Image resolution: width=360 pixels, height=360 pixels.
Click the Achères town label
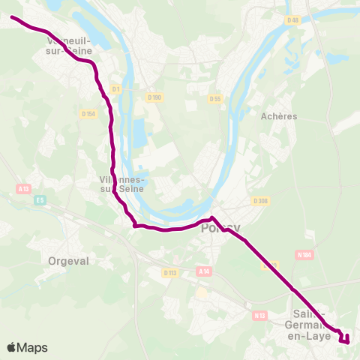point(279,116)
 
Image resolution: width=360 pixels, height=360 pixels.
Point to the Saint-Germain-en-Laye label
point(309,324)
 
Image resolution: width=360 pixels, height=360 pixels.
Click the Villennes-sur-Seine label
point(123,184)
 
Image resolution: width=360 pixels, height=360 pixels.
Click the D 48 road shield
point(292,20)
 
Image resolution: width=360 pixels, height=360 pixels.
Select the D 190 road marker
point(154,97)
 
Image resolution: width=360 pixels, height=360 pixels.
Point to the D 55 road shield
point(216,98)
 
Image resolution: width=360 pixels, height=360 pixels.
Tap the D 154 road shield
point(88,113)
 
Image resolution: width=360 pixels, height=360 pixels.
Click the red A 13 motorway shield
point(23,190)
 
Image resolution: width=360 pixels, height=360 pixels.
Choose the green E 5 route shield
point(40,199)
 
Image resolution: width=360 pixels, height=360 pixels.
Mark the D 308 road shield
point(260,200)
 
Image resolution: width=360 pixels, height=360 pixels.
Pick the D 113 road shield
point(169,273)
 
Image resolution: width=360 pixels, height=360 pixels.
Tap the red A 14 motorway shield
point(203,271)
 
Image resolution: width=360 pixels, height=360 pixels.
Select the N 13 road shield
point(260,316)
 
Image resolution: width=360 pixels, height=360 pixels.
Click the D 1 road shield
point(115,89)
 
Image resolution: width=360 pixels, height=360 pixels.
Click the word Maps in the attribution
point(33,347)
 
